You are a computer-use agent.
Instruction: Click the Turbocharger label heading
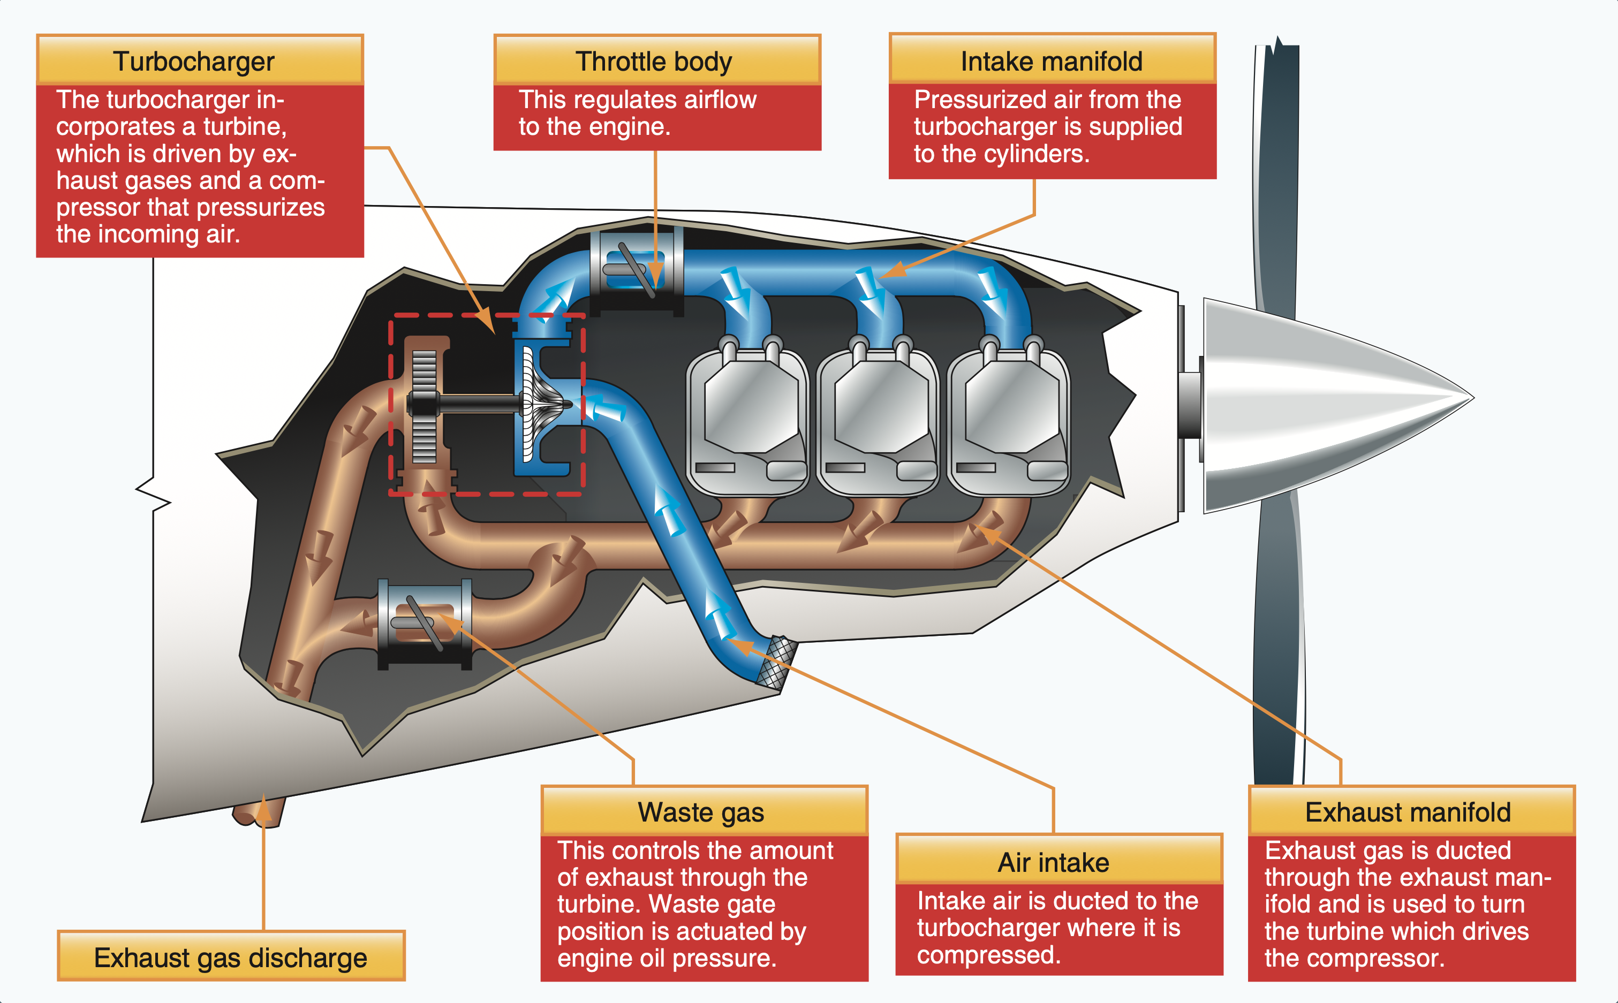coord(193,62)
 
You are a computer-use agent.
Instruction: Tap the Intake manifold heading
coord(1052,62)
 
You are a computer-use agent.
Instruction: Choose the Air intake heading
coord(1054,863)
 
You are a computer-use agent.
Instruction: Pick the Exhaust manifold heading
coord(1408,812)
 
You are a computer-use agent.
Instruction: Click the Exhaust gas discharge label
coord(230,958)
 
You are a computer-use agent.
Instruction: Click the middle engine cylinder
coord(879,418)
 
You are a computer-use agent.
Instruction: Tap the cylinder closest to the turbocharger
coord(748,418)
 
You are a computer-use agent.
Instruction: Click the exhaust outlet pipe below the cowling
coord(258,812)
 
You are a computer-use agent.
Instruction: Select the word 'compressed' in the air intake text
coord(988,955)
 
